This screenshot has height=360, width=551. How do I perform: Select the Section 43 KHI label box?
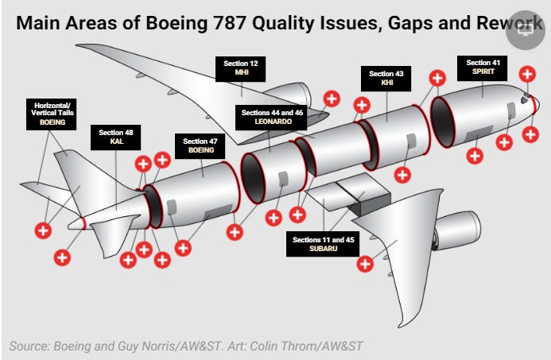pos(386,78)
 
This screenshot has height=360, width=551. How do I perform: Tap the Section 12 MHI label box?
pos(242,67)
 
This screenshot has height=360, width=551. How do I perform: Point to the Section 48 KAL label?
pos(116,137)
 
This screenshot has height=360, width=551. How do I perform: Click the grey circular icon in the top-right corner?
pos(526,31)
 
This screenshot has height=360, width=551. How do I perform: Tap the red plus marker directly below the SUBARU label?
pos(365,264)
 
